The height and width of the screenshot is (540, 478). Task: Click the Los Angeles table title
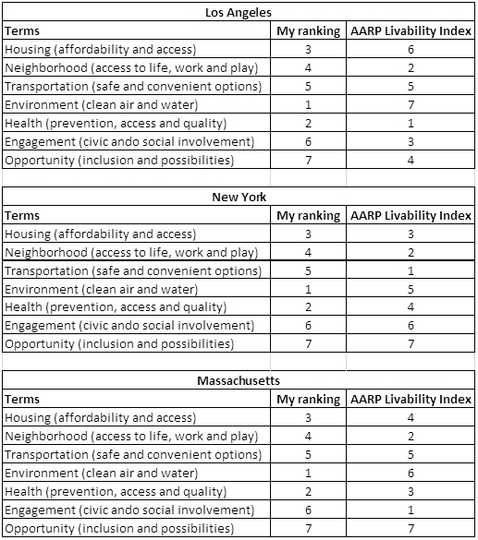click(x=239, y=13)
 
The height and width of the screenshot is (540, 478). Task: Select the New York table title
click(x=239, y=197)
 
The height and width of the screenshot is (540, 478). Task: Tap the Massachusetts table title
click(x=239, y=380)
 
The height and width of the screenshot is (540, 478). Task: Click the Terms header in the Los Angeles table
click(x=22, y=31)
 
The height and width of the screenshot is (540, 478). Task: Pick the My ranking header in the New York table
click(x=308, y=216)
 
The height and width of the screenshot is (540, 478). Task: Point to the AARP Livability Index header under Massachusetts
click(x=411, y=400)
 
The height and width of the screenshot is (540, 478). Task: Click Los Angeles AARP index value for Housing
click(x=411, y=50)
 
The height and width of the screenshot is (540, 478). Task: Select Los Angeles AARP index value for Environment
click(x=411, y=104)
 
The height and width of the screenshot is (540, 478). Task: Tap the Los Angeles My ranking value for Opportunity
click(x=308, y=160)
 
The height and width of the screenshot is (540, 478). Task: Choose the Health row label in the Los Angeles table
click(x=116, y=124)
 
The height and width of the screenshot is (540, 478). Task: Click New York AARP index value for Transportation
click(x=411, y=271)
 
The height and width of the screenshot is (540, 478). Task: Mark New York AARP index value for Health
click(x=411, y=306)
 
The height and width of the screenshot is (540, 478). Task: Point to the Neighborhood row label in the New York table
click(x=131, y=253)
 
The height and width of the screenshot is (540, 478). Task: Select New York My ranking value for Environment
click(x=308, y=289)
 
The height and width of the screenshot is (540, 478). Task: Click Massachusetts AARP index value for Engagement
click(x=411, y=510)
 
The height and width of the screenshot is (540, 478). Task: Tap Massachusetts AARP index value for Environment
click(x=411, y=474)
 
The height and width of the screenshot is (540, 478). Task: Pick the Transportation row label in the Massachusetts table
click(x=133, y=455)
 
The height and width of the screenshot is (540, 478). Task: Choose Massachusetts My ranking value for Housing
click(x=308, y=418)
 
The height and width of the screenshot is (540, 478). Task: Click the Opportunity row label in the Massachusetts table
click(x=119, y=529)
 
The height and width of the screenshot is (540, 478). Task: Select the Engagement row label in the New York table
click(x=129, y=326)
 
